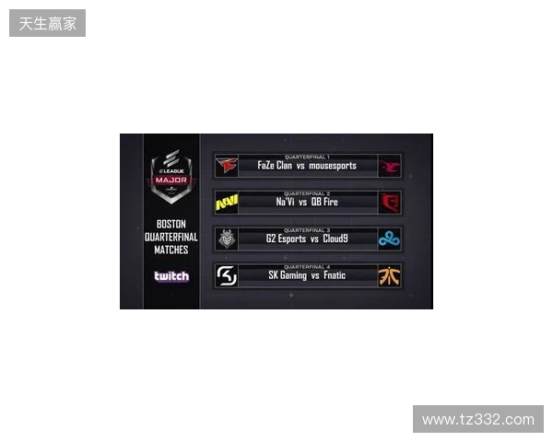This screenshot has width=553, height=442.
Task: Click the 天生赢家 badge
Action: (47, 23)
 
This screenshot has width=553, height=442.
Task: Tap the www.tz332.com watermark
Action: (478, 420)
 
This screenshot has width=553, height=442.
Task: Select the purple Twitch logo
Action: (171, 276)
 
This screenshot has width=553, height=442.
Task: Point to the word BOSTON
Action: (171, 224)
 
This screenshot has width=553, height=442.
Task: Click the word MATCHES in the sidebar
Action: (171, 250)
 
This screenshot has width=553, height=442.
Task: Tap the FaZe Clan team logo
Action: (226, 166)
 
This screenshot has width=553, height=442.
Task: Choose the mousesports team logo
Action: (390, 166)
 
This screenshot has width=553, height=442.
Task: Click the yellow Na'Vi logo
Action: (226, 203)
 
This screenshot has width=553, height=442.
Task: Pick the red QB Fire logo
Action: (390, 203)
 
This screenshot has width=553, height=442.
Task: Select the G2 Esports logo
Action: (226, 239)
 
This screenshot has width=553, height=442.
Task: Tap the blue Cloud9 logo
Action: (390, 239)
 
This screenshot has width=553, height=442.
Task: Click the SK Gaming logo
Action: (226, 276)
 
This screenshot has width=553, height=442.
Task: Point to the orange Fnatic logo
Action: (390, 276)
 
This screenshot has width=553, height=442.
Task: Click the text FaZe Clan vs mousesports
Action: (307, 167)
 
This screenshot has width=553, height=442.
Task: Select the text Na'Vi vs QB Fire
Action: (307, 203)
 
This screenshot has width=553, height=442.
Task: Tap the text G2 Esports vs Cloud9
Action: (307, 239)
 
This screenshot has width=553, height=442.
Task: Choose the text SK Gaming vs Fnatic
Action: (307, 276)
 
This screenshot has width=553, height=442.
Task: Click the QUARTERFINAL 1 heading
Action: (307, 157)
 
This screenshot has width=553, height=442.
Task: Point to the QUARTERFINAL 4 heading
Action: (307, 266)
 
